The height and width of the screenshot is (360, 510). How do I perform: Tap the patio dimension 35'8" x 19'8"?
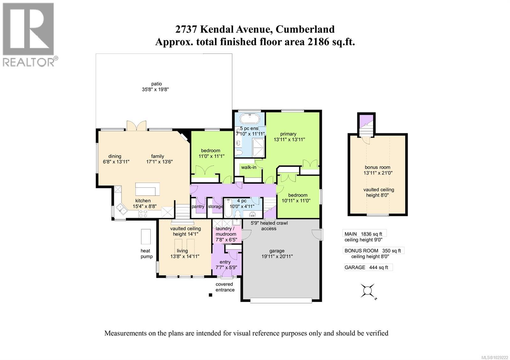tap(155, 90)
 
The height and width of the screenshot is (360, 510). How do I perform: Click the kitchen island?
tap(147, 189)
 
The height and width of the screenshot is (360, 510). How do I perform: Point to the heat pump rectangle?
tap(146, 237)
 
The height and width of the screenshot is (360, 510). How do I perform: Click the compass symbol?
tap(368, 291)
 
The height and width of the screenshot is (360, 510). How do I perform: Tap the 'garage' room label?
tap(277, 251)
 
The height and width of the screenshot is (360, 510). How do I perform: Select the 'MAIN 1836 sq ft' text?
tap(363, 234)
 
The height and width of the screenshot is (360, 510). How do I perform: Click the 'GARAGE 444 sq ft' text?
tap(366, 267)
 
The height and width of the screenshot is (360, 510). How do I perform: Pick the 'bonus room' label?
tap(377, 167)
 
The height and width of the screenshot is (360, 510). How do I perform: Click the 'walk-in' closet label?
tap(249, 167)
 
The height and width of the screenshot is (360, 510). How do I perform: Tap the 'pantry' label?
tap(198, 206)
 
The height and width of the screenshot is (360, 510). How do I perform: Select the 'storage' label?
tap(215, 206)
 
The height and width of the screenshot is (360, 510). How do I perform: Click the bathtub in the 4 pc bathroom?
tap(228, 208)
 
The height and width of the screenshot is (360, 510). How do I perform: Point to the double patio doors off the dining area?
tap(136, 126)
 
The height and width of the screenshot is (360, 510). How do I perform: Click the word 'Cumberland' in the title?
tap(305, 29)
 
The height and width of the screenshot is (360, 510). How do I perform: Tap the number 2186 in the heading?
tap(318, 42)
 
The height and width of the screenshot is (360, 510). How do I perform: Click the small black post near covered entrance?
tap(210, 295)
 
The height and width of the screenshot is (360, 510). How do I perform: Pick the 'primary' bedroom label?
tap(288, 134)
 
